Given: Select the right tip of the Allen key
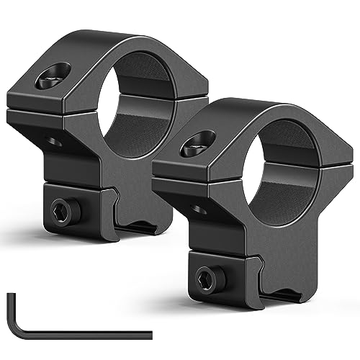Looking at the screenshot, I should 150,333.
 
